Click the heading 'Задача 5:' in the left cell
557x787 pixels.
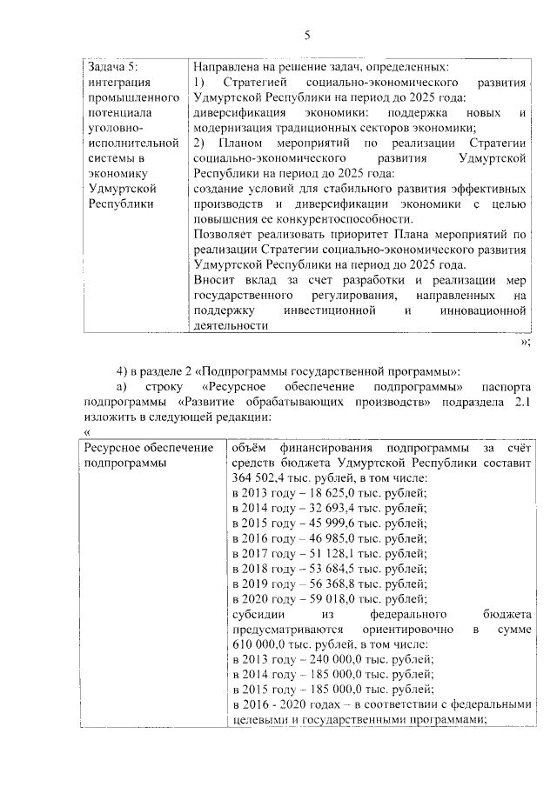click(115, 66)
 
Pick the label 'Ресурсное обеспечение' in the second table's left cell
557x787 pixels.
click(147, 446)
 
